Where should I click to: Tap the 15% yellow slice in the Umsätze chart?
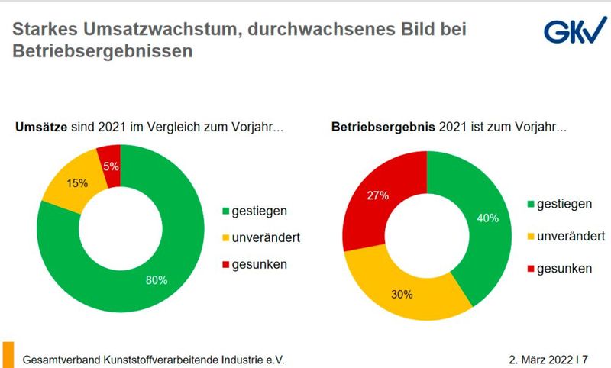(x=76, y=182)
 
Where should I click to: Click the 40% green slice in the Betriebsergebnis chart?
(x=489, y=221)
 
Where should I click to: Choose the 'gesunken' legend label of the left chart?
(x=260, y=265)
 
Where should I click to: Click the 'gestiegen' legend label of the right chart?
(x=566, y=205)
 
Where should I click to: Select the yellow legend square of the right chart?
(x=530, y=237)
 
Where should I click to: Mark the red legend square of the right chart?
(x=530, y=269)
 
